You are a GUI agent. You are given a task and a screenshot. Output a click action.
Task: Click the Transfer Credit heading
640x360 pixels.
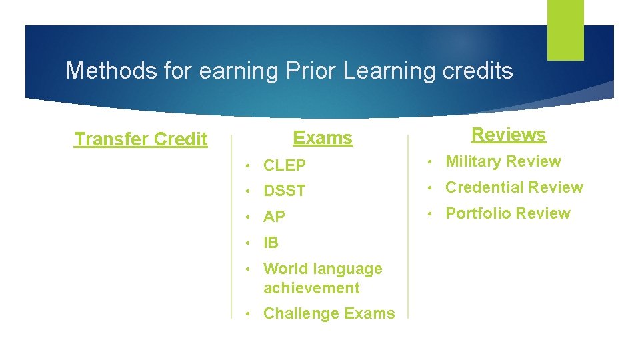(141, 139)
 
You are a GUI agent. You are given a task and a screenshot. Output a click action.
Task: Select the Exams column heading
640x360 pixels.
(323, 138)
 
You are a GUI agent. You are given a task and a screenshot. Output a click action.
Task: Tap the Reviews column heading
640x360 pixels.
(508, 135)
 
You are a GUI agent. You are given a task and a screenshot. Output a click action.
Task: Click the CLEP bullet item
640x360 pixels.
(285, 165)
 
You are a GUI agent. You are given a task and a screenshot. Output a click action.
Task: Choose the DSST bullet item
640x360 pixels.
(285, 191)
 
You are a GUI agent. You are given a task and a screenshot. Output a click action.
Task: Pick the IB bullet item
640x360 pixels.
(271, 243)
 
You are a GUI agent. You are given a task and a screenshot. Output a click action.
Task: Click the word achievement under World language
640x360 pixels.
(311, 288)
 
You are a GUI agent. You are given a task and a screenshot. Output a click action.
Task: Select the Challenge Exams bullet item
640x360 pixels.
(329, 314)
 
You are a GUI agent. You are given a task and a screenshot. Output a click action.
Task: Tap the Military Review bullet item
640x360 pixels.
(503, 161)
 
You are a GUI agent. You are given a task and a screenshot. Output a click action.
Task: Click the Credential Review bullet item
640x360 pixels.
(514, 187)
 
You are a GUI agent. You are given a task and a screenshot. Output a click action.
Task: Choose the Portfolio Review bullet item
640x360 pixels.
(508, 213)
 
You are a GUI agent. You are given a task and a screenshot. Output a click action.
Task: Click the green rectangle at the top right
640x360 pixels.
(565, 30)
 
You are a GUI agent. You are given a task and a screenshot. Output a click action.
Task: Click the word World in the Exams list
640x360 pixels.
(283, 269)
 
